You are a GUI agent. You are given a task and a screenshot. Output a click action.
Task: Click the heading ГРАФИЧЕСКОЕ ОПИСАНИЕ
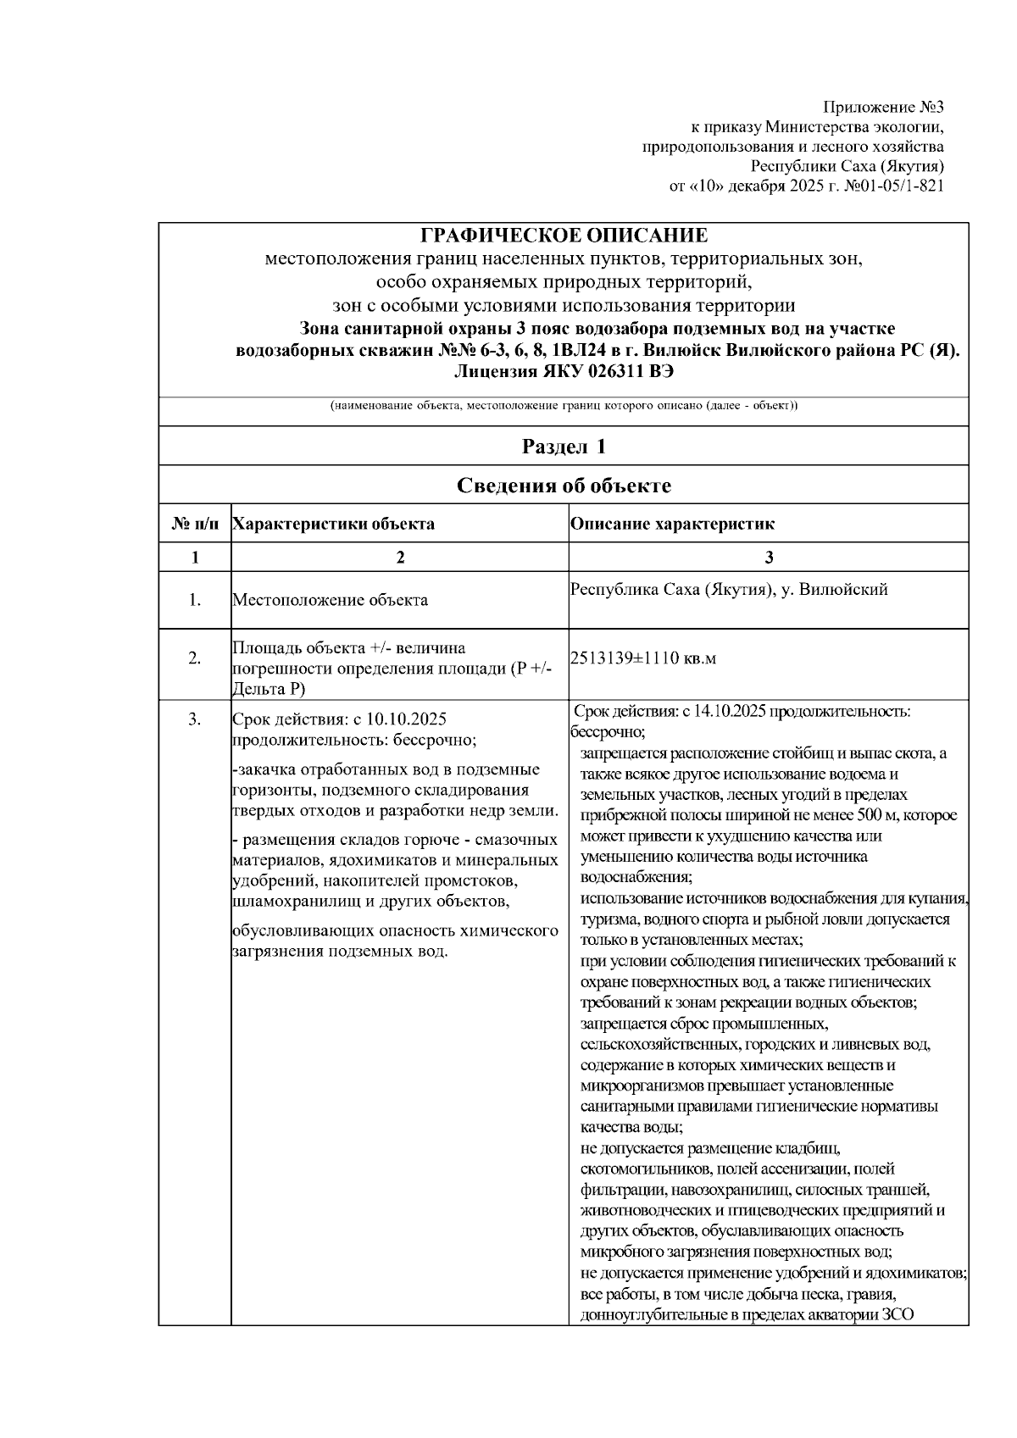(x=564, y=236)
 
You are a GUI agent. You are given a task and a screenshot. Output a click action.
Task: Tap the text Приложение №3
(x=882, y=108)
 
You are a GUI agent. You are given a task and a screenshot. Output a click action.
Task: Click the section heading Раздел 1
(x=564, y=447)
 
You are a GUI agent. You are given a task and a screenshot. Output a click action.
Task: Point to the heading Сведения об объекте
(x=564, y=486)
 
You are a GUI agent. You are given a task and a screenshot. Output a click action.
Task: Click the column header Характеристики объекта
(x=333, y=524)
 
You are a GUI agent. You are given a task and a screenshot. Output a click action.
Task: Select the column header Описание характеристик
(x=672, y=524)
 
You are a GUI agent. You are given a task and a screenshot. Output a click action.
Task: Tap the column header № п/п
(x=195, y=524)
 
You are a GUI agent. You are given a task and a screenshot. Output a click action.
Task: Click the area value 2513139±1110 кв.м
(x=643, y=658)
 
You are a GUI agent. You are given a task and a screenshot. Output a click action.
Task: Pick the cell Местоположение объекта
(x=330, y=600)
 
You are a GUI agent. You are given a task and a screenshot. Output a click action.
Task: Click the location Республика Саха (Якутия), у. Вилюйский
(x=729, y=590)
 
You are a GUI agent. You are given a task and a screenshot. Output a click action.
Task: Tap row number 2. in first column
(x=195, y=658)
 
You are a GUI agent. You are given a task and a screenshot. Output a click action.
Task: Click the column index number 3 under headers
(x=769, y=557)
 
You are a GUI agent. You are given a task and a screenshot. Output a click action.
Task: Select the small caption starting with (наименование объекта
(x=564, y=406)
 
